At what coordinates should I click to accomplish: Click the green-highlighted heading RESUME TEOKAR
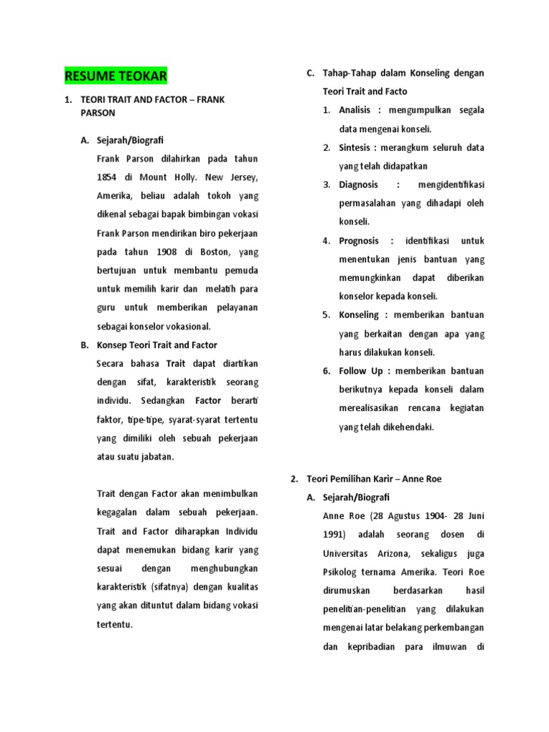[x=115, y=75]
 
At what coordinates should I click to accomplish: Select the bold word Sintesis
[x=355, y=147]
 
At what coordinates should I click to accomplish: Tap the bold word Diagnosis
[x=359, y=184]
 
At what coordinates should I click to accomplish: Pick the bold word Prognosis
[x=359, y=241]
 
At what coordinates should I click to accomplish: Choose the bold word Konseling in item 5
[x=360, y=315]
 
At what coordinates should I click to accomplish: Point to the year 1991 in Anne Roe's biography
[x=334, y=535]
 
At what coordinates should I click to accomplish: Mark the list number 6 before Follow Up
[x=326, y=371]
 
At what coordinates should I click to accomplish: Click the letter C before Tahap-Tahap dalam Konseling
[x=310, y=73]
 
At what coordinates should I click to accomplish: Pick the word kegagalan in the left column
[x=119, y=513]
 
